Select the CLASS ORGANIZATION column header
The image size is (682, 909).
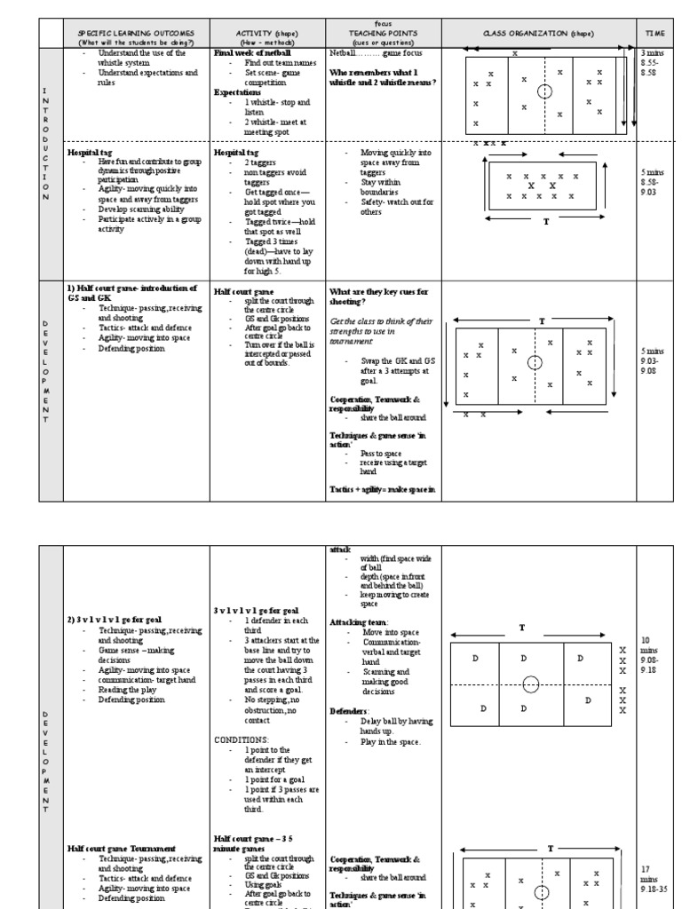[538, 33]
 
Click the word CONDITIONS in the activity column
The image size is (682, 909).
[241, 738]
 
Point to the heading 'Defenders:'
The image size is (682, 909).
[347, 711]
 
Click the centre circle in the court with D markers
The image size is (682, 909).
[530, 683]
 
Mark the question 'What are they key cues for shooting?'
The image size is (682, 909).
[378, 296]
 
